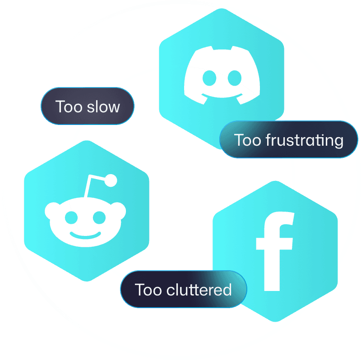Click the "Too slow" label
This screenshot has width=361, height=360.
(88, 106)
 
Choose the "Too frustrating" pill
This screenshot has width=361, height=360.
(288, 139)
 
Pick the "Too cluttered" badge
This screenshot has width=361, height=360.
(183, 289)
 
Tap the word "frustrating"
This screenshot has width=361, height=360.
(304, 140)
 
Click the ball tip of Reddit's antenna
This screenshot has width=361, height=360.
(111, 181)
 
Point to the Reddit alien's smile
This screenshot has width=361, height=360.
(85, 235)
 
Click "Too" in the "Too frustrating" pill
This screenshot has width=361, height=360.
(248, 140)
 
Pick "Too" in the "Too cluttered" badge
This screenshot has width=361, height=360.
(148, 289)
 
